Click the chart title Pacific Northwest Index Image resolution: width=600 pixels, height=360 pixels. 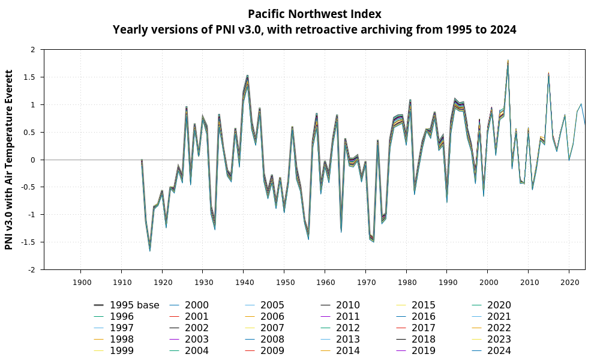pyautogui.click(x=314, y=14)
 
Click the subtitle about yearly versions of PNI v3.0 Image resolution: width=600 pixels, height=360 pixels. pyautogui.click(x=314, y=29)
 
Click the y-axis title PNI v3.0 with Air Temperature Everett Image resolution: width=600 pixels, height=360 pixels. pyautogui.click(x=9, y=160)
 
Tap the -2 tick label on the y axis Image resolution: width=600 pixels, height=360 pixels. pyautogui.click(x=33, y=270)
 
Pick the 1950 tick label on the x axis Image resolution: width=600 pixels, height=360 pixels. pyautogui.click(x=284, y=282)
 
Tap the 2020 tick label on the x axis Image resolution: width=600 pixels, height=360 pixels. pyautogui.click(x=569, y=282)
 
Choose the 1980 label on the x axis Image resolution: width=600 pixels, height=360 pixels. pyautogui.click(x=406, y=282)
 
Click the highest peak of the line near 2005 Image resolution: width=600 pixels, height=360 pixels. pyautogui.click(x=508, y=62)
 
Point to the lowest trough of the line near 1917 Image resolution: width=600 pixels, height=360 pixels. pyautogui.click(x=150, y=249)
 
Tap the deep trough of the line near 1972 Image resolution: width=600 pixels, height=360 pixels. pyautogui.click(x=373, y=241)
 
